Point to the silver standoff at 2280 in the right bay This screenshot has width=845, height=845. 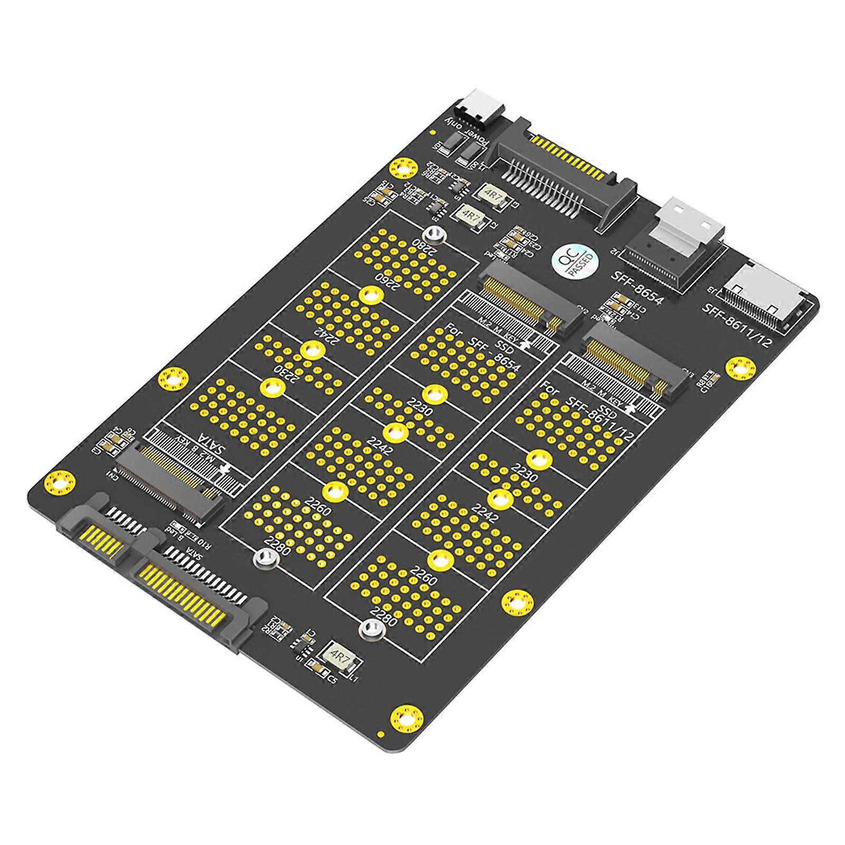pyautogui.click(x=370, y=628)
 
